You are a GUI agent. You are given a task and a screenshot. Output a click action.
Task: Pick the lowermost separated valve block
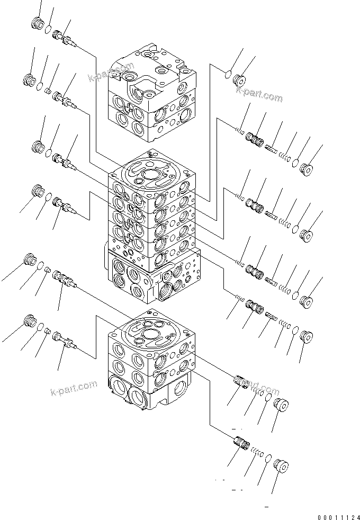(x=151, y=365)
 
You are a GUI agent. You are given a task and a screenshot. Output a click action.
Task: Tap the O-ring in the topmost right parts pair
(x=229, y=74)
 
